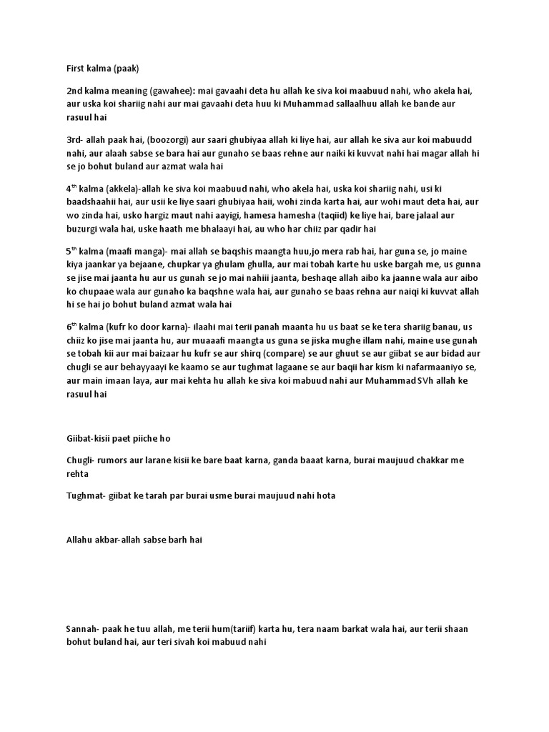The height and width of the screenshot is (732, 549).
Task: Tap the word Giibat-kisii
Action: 91,437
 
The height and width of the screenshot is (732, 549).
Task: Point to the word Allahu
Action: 79,540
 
